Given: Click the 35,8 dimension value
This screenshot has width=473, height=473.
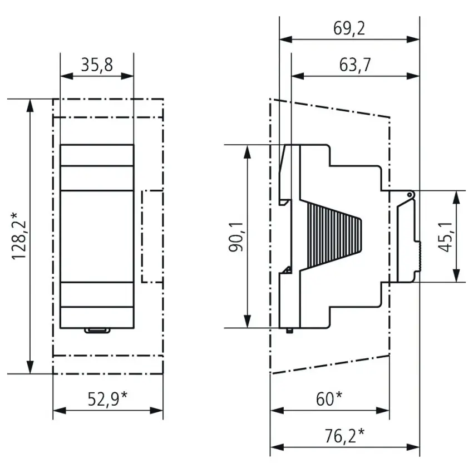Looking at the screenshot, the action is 97,65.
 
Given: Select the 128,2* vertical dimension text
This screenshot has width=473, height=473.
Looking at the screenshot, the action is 19,236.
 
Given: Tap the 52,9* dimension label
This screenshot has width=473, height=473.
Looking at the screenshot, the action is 108,399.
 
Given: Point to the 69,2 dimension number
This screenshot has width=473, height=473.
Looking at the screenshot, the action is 349,28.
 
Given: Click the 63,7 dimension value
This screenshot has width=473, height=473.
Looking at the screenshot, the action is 355,65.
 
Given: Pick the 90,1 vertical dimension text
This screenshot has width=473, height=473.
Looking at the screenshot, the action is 236,237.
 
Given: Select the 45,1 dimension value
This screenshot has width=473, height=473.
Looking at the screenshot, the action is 445,237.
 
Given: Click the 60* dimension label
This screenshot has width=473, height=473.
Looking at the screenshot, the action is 329,399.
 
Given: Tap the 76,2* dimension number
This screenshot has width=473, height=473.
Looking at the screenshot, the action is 344,436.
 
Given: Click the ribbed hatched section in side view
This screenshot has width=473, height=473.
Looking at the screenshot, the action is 334,235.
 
